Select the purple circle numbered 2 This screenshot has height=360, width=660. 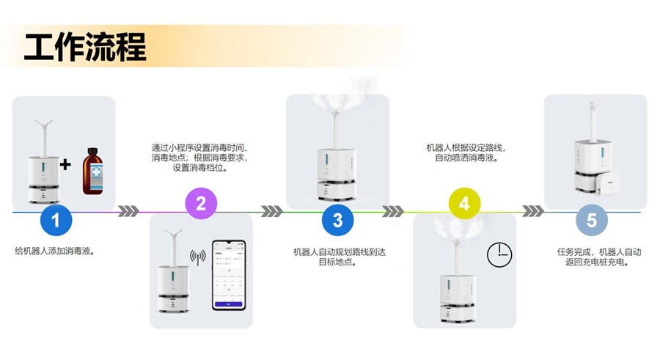(201, 203)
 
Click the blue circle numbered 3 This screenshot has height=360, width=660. (337, 220)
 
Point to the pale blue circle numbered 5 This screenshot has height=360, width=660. (591, 220)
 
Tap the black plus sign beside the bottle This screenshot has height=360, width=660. (66, 164)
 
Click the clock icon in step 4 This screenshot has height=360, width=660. (499, 254)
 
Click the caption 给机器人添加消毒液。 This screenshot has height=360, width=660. (55, 251)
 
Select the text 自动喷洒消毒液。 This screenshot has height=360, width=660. (466, 158)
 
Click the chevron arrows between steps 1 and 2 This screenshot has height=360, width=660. (128, 211)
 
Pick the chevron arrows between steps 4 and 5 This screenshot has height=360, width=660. (533, 211)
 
